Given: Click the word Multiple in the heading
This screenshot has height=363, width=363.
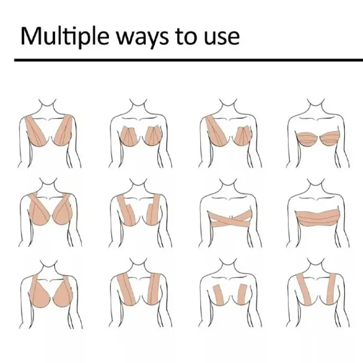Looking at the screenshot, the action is [65, 36].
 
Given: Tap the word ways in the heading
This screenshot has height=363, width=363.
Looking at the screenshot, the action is [142, 39].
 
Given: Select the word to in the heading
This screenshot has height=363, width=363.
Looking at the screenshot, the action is [187, 37].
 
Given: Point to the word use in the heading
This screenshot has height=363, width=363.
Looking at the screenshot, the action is [222, 39].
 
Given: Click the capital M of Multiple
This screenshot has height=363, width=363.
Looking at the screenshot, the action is [32, 36].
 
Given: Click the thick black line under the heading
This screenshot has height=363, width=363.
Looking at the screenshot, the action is [188, 60].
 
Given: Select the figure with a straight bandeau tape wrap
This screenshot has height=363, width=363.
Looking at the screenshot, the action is [318, 213].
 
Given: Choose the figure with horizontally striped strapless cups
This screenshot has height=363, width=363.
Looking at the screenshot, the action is [318, 133].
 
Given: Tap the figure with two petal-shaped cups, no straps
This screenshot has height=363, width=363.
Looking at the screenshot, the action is [140, 133].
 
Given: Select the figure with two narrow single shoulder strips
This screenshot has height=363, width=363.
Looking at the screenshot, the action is [318, 293].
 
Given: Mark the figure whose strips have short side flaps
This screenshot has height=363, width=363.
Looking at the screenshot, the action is [140, 213].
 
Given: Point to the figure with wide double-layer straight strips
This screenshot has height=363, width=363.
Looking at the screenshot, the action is [140, 293].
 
